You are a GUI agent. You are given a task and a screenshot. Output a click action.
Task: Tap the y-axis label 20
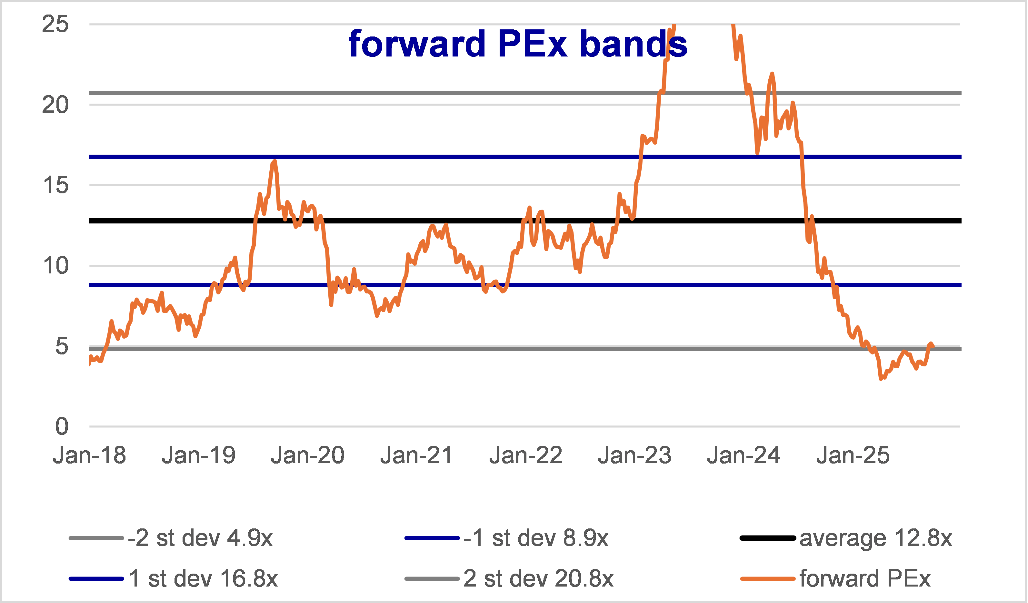click(55, 105)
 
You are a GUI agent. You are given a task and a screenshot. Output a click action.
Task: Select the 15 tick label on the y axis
click(55, 185)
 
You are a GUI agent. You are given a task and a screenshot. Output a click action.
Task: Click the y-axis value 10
click(55, 265)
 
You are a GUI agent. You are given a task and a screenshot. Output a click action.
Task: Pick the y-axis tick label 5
click(62, 346)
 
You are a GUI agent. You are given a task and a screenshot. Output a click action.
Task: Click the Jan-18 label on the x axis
click(89, 455)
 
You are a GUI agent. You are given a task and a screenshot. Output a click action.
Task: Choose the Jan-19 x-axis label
click(199, 455)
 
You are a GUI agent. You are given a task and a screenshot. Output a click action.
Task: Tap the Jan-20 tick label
click(308, 455)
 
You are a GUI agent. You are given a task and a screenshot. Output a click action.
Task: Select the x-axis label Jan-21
click(416, 455)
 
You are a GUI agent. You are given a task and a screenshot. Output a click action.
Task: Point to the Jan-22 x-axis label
click(526, 455)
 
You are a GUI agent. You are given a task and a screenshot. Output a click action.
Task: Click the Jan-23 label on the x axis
click(635, 455)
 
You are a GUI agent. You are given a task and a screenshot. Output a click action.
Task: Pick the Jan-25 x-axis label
click(853, 455)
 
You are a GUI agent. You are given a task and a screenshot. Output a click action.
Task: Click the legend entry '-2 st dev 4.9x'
click(171, 538)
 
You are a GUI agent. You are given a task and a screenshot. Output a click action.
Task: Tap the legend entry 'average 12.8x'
click(846, 538)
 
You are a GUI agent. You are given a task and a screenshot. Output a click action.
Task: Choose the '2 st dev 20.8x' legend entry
click(509, 578)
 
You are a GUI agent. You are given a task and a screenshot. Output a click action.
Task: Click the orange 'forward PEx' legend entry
click(835, 578)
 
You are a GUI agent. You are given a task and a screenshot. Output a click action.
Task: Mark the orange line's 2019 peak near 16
click(274, 161)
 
